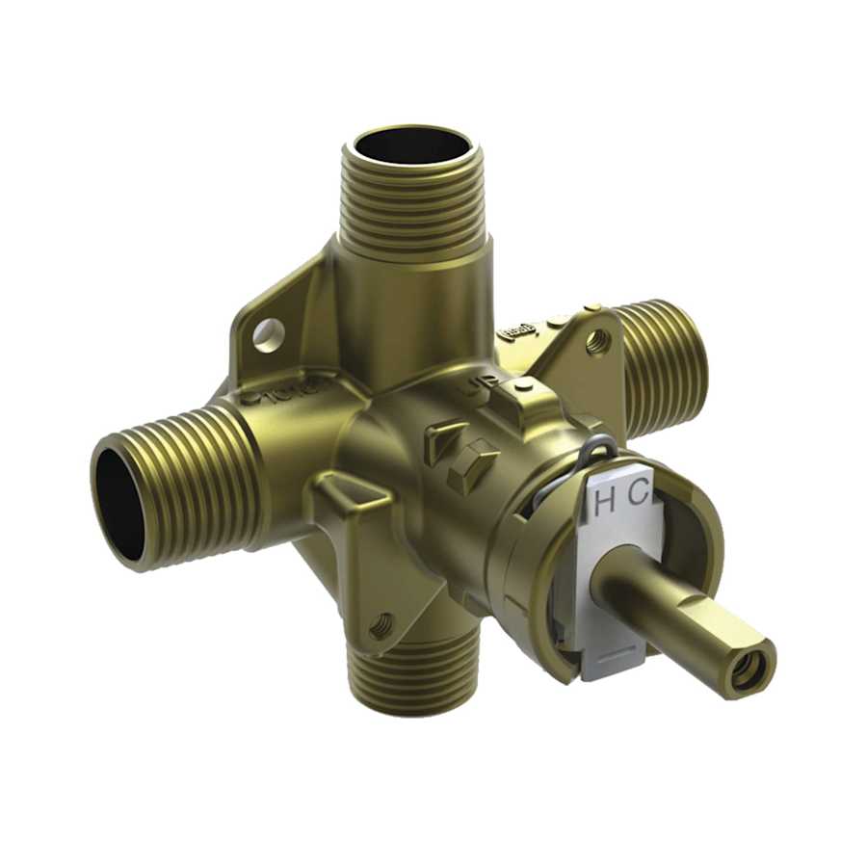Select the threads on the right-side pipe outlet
click(665, 366)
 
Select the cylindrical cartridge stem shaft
click(655, 607)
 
